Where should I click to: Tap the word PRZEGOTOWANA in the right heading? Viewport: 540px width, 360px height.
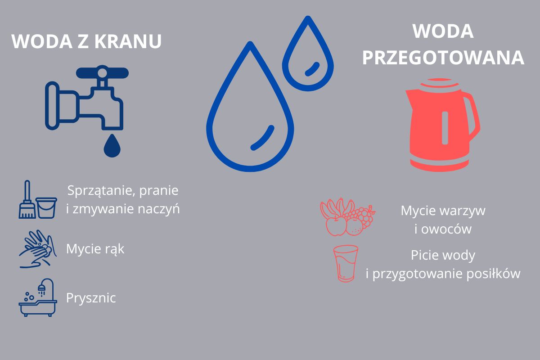443,58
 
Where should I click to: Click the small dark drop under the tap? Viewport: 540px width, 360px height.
112,147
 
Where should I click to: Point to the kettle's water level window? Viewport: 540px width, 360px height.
445,129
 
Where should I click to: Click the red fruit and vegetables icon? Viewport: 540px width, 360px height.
347,217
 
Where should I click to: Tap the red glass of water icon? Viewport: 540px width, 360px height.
346,264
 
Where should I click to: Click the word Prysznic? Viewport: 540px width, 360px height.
91,298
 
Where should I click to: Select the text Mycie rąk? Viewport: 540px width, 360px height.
95,249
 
